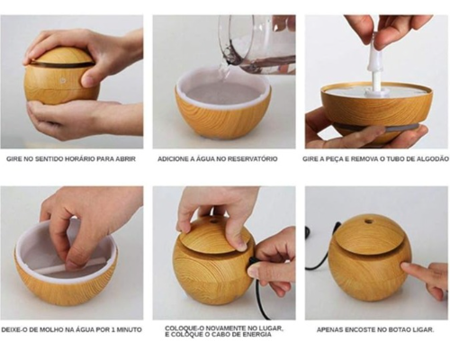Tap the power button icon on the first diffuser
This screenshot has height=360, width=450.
[x=62, y=80]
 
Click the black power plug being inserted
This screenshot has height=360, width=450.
[x=253, y=264]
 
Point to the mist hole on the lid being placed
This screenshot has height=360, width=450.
[x=214, y=222]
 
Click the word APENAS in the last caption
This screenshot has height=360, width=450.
[x=329, y=330]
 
